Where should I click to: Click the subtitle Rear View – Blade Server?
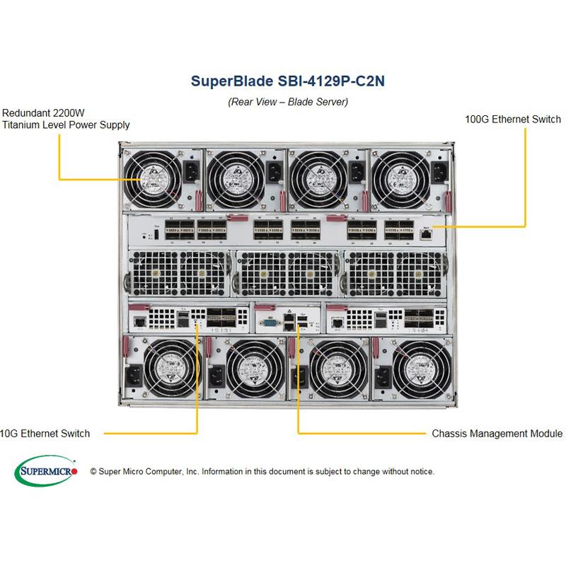pyautogui.click(x=287, y=102)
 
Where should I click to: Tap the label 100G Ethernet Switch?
pyautogui.click(x=513, y=119)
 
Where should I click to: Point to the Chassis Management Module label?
pyautogui.click(x=497, y=433)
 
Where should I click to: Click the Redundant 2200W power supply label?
pyautogui.click(x=66, y=119)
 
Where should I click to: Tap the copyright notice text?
pyautogui.click(x=262, y=471)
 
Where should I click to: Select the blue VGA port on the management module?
pyautogui.click(x=269, y=324)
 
